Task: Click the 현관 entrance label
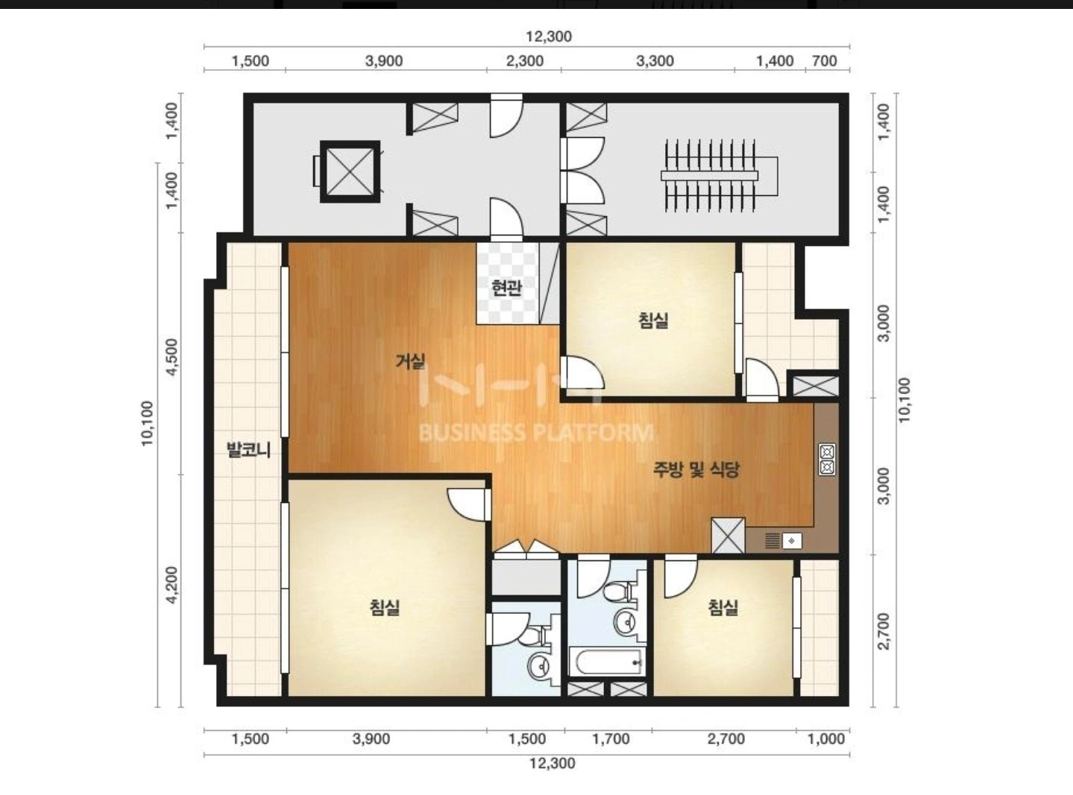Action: click(x=506, y=288)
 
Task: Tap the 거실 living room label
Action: click(x=410, y=361)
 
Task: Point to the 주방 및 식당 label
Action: click(x=696, y=469)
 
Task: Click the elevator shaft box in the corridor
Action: click(x=350, y=171)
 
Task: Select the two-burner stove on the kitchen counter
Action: click(x=827, y=460)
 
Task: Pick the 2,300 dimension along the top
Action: click(x=524, y=61)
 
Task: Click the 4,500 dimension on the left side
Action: click(x=172, y=357)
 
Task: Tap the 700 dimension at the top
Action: click(x=825, y=61)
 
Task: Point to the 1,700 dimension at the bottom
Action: click(x=611, y=739)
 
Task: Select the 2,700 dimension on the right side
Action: click(x=884, y=632)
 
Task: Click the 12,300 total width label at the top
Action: click(x=549, y=37)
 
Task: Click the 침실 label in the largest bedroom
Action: click(x=385, y=607)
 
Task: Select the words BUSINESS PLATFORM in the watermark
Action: click(x=536, y=433)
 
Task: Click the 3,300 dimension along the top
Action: click(x=655, y=61)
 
